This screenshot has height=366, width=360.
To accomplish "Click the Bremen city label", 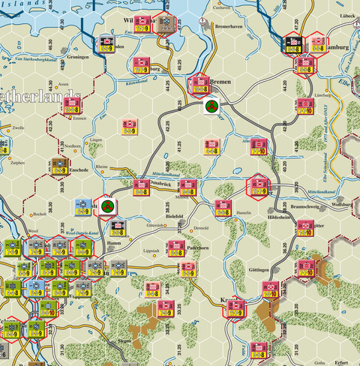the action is click(222, 79).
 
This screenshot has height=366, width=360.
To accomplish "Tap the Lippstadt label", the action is click(151, 250).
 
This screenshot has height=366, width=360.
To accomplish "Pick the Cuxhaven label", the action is click(221, 8).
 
